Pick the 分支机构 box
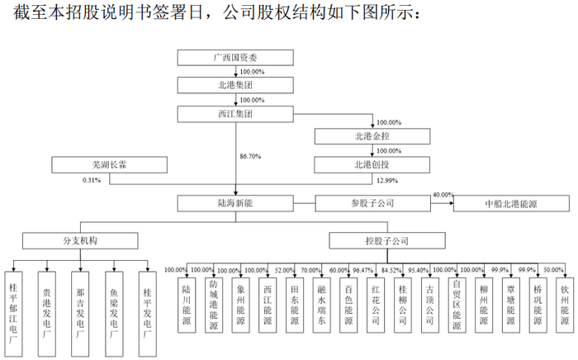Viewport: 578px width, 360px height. point(80,242)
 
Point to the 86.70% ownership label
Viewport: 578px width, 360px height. point(251,155)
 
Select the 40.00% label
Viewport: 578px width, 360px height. point(443,194)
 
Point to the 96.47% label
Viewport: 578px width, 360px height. point(364,270)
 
